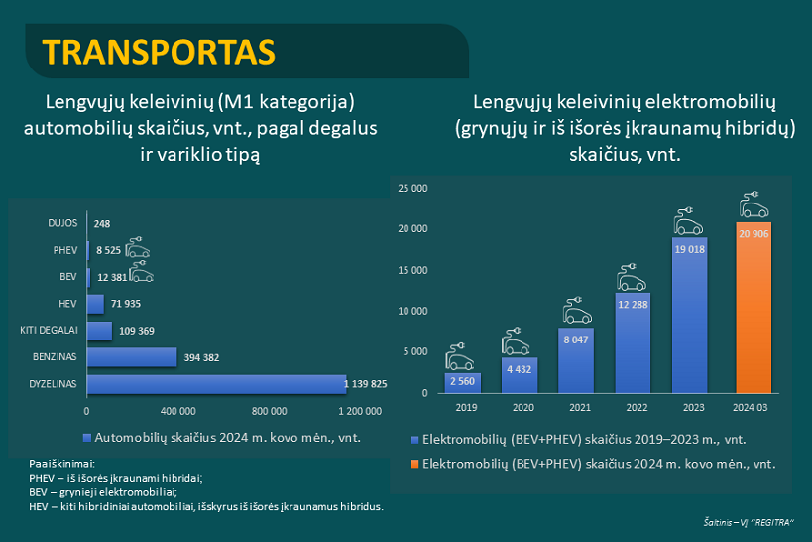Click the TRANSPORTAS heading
pos(160,50)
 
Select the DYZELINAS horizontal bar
pos(216,383)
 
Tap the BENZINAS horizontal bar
pos(132,356)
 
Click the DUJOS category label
pos(63,223)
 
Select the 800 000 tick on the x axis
pos(269,410)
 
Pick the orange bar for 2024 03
pos(754,308)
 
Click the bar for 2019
pos(463,382)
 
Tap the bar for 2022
pos(633,342)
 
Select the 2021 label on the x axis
pos(576,406)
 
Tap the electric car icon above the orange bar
pos(754,206)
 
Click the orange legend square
pos(415,464)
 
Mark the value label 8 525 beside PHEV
pos(108,250)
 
